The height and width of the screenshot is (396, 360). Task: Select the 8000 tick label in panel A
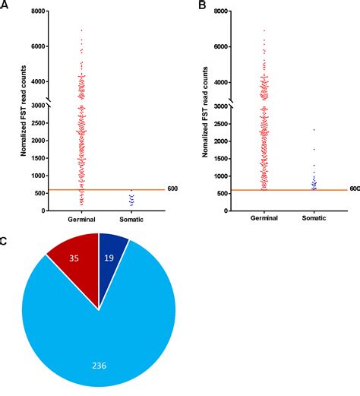point(35,11)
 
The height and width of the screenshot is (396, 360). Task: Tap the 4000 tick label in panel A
point(35,81)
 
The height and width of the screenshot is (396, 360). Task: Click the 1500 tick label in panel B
point(216,158)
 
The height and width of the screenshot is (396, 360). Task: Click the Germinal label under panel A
point(81,217)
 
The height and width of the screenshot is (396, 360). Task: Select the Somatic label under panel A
point(131,217)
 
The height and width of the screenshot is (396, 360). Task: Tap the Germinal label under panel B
point(264,217)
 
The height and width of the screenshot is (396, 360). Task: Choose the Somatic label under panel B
point(313,217)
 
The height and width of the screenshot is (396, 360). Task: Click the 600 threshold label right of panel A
point(172,188)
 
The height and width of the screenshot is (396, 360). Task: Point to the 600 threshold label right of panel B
point(354,188)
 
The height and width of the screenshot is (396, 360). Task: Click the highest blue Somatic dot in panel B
point(313,129)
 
